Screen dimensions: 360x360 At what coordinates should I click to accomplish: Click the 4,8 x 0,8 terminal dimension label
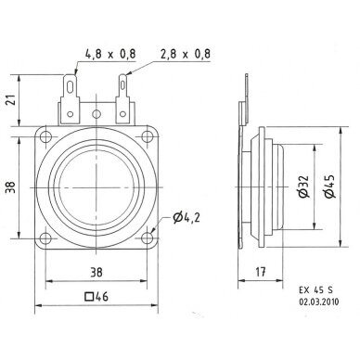(x=110, y=54)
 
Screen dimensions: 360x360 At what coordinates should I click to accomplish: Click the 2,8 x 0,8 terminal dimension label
(x=186, y=54)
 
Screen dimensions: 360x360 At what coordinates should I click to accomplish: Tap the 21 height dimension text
(x=11, y=100)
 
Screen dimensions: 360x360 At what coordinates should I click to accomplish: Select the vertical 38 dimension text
(x=11, y=187)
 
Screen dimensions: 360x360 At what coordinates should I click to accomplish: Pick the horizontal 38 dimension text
(x=96, y=273)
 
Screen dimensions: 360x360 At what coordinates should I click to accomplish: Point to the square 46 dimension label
(x=96, y=297)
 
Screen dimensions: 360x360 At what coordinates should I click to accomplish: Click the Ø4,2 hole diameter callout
(x=186, y=218)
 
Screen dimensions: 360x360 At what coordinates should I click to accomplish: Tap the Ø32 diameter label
(x=303, y=186)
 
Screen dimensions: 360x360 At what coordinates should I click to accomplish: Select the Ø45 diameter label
(x=329, y=186)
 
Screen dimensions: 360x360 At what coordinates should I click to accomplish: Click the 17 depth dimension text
(x=261, y=272)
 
